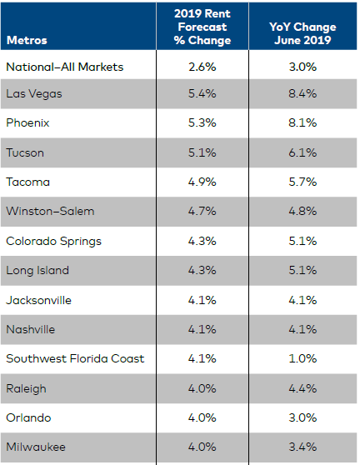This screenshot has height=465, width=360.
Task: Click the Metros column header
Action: point(27,40)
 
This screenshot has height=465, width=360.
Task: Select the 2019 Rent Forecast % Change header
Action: point(202,27)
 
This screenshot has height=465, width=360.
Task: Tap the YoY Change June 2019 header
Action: point(302,27)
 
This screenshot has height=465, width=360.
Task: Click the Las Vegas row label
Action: point(34,93)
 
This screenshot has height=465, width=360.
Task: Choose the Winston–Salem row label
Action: point(50,211)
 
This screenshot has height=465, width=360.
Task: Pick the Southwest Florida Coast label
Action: point(75,358)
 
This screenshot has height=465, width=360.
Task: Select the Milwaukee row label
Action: point(36,447)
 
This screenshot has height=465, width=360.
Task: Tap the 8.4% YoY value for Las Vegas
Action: point(302,93)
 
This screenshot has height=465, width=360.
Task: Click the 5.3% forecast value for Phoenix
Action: point(202,122)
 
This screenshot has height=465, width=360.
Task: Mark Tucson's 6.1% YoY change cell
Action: point(302,152)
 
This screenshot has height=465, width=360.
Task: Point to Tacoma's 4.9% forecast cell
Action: point(202,182)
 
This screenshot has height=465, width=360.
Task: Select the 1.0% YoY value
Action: point(302,358)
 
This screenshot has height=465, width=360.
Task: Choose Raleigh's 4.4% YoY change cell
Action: point(302,388)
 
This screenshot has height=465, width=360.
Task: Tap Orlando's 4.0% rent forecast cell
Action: point(202,417)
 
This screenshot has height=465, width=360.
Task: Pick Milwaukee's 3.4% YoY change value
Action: point(302,447)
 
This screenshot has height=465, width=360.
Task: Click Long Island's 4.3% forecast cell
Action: point(202,270)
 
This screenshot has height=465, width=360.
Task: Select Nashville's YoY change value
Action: point(302,329)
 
